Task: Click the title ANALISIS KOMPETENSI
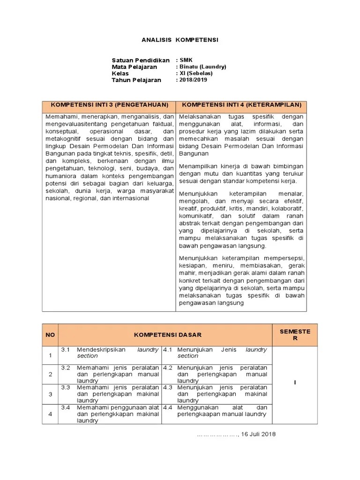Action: tap(180, 40)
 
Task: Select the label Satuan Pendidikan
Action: tap(140, 60)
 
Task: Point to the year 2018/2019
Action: tap(193, 80)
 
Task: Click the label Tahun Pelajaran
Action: tap(136, 80)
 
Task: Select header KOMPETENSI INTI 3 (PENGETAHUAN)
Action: tap(109, 105)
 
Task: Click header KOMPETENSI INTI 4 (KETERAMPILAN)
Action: tap(241, 105)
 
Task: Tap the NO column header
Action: tap(50, 335)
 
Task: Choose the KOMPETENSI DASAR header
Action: tap(165, 335)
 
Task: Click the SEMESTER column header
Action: tap(295, 335)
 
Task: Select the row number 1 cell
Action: tap(50, 355)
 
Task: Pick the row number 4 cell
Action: tap(50, 414)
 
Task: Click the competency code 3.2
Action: tap(65, 368)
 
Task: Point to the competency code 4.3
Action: tap(167, 388)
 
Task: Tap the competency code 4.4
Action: tap(167, 407)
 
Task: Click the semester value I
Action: tap(295, 382)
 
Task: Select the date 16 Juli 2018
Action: tap(258, 434)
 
